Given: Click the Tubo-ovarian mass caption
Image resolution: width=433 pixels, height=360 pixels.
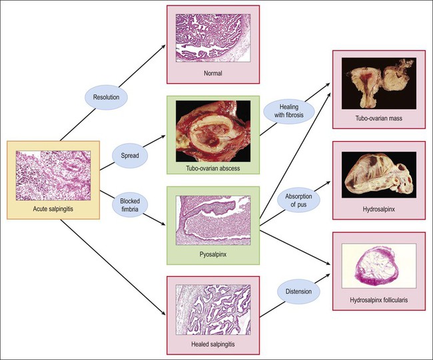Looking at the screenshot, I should pyautogui.click(x=378, y=118).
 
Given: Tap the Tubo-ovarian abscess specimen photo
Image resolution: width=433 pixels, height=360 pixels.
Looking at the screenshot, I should pyautogui.click(x=213, y=130).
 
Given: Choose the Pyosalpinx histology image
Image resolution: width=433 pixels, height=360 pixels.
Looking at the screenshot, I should pyautogui.click(x=213, y=220).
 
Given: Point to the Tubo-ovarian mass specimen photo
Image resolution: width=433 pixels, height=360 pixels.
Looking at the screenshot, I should pyautogui.click(x=378, y=83).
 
